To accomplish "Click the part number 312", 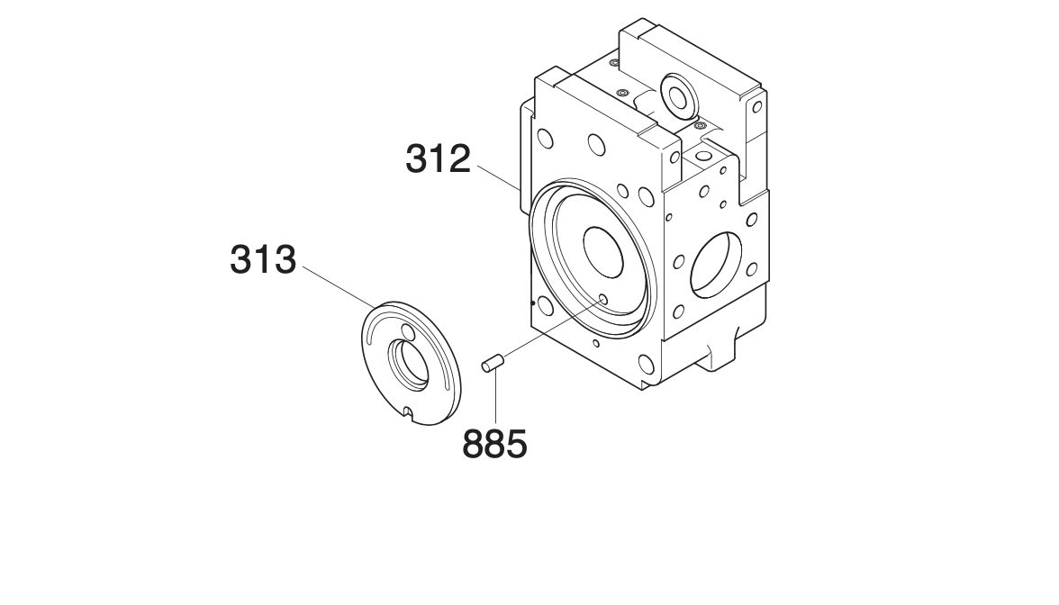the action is click(x=438, y=159).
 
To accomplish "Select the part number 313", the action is click(x=263, y=260).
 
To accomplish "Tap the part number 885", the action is click(x=495, y=445).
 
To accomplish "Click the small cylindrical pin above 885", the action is click(x=493, y=363).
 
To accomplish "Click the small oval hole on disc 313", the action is click(x=407, y=331).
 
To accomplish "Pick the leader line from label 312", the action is click(x=499, y=176).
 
